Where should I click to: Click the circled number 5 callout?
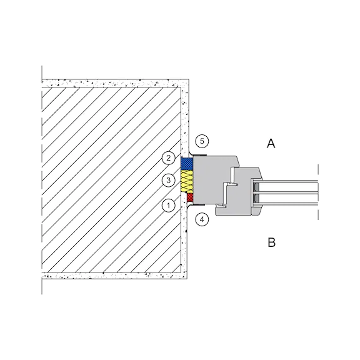202,141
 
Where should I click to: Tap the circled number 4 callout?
202,219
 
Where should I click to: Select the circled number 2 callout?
169,158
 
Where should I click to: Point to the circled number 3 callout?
169,180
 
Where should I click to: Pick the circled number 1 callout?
169,206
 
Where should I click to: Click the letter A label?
271,144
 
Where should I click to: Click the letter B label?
272,242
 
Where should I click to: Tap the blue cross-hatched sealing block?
187,163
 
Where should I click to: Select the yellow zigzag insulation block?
187,181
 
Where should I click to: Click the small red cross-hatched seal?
190,197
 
